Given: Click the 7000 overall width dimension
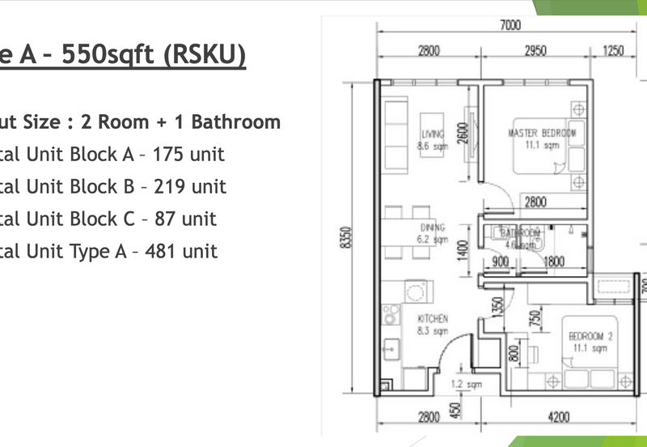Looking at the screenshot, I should pyautogui.click(x=510, y=25).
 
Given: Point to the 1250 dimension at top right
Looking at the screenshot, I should pyautogui.click(x=614, y=51).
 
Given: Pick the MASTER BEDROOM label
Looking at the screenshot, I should pyautogui.click(x=542, y=133).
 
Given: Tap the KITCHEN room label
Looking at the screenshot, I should pyautogui.click(x=433, y=319).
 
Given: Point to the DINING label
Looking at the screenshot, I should pyautogui.click(x=433, y=228).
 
